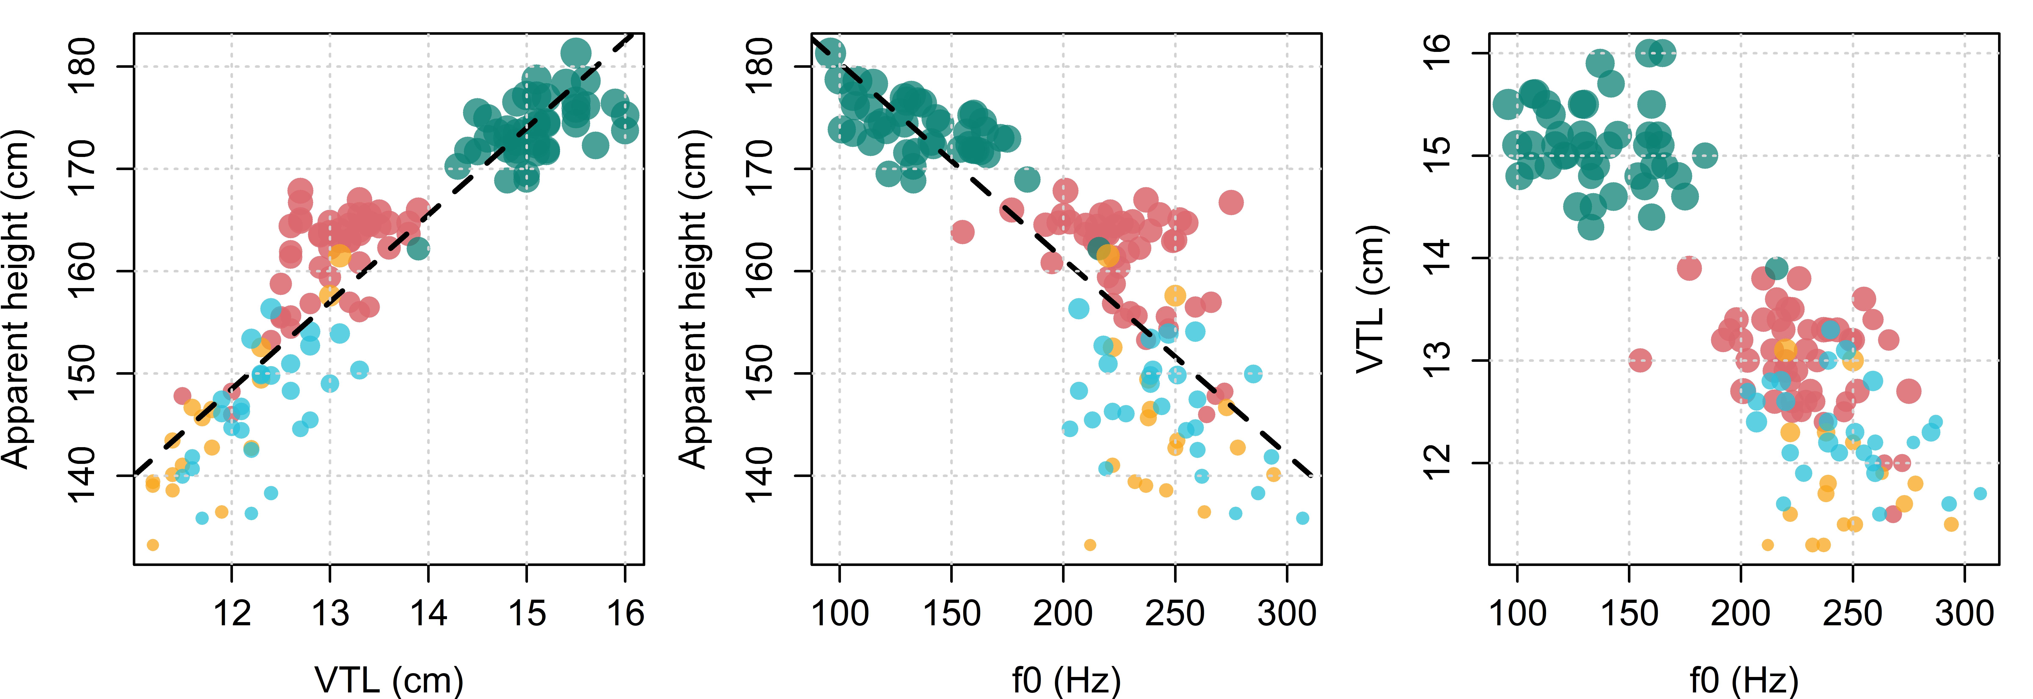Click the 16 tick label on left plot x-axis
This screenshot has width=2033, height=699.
click(625, 613)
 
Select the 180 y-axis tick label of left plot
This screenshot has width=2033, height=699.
click(82, 66)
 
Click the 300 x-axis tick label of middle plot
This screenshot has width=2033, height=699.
click(1287, 613)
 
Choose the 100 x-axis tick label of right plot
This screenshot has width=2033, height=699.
click(1517, 613)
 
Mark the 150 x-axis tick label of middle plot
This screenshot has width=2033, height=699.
click(952, 613)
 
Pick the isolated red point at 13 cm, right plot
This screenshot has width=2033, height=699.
click(1640, 361)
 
